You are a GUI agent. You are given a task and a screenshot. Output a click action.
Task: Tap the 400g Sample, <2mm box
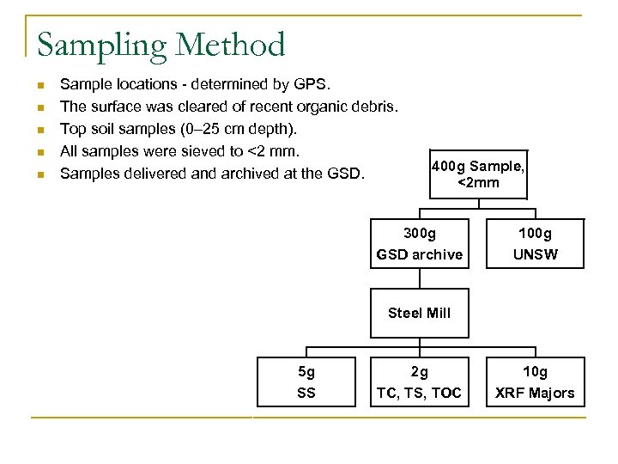(478, 174)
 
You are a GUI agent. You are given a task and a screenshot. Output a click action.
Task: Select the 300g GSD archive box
(419, 243)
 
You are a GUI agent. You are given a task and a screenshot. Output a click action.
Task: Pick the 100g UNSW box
(535, 243)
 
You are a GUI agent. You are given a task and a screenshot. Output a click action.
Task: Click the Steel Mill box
(419, 313)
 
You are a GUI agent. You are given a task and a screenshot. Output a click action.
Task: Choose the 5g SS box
(306, 382)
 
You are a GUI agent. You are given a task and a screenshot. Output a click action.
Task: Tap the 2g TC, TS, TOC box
(419, 382)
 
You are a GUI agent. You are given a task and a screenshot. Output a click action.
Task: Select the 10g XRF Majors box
(535, 382)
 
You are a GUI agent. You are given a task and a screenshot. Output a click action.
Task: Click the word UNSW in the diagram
(535, 254)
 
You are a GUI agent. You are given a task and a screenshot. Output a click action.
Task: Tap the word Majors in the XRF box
(550, 393)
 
